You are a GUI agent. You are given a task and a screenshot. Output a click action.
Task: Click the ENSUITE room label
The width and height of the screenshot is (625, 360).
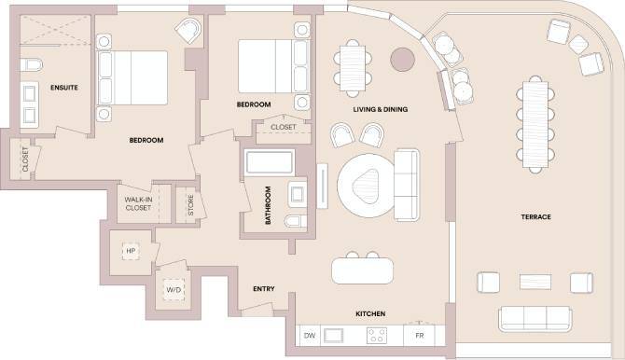pyautogui.click(x=63, y=87)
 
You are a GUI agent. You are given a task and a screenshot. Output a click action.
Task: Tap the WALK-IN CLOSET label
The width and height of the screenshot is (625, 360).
pyautogui.click(x=137, y=203)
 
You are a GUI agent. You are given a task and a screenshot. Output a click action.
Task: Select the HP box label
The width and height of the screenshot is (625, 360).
pyautogui.click(x=129, y=250)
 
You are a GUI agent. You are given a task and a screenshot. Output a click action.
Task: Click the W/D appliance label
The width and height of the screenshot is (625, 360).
pyautogui.click(x=174, y=290)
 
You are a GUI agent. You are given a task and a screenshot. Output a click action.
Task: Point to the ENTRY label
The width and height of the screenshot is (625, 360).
pyautogui.click(x=263, y=289)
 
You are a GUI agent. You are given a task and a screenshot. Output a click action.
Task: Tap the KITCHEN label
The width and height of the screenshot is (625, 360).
pyautogui.click(x=370, y=314)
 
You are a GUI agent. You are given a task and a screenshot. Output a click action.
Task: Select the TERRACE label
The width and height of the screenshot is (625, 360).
pyautogui.click(x=535, y=217)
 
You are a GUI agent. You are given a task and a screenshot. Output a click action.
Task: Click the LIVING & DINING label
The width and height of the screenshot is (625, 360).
pyautogui.click(x=381, y=110)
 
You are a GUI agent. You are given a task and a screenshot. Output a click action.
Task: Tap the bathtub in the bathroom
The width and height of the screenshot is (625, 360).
pyautogui.click(x=271, y=166)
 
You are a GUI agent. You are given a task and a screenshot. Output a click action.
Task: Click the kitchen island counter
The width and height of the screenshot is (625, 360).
pyautogui.click(x=364, y=270)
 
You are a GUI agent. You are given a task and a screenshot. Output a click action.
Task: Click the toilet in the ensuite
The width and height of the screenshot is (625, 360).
pyautogui.click(x=32, y=65)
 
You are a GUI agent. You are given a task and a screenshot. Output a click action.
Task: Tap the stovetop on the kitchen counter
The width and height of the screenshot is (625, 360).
pyautogui.click(x=377, y=334)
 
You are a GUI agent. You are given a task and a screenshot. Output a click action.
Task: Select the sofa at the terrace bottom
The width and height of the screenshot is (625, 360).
pyautogui.click(x=535, y=318)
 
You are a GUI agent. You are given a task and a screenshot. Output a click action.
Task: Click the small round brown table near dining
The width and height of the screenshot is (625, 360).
pyautogui.click(x=403, y=58)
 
